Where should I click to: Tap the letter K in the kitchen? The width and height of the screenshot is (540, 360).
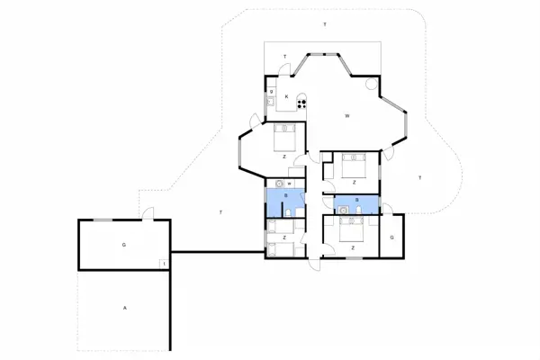tap(286, 96)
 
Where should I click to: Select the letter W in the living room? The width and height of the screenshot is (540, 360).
tap(346, 116)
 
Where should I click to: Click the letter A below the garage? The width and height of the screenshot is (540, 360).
tap(124, 309)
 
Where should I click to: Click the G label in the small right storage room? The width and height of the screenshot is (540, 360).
tap(392, 238)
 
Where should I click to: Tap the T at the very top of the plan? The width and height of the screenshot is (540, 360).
tap(324, 23)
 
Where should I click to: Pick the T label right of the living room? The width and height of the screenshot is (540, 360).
tap(419, 179)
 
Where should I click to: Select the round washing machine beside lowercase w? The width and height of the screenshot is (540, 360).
tap(280, 184)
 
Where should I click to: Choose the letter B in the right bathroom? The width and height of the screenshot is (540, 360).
tap(357, 199)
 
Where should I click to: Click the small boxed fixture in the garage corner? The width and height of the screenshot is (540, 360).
tap(163, 263)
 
